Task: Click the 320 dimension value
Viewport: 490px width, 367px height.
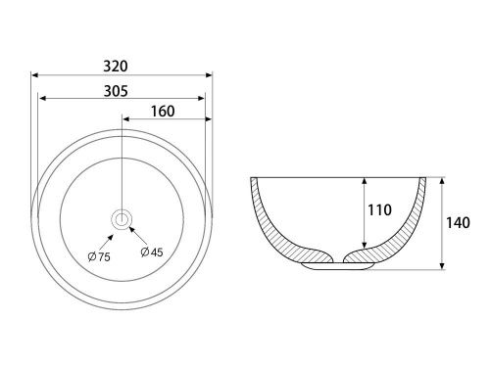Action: click(x=116, y=67)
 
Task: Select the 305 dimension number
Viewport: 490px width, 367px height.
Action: click(x=116, y=91)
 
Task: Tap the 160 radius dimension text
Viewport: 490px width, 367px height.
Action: click(x=163, y=112)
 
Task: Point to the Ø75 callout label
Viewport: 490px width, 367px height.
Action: click(x=99, y=256)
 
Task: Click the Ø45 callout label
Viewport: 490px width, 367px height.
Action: click(x=152, y=252)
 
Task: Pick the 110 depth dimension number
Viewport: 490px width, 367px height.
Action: click(x=379, y=210)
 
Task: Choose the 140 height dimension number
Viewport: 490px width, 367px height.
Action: click(x=458, y=223)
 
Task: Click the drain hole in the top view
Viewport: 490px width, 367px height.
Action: click(x=122, y=218)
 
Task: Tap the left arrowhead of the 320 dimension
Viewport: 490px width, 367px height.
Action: click(x=34, y=75)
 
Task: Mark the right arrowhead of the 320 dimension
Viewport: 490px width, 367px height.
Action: click(x=209, y=75)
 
